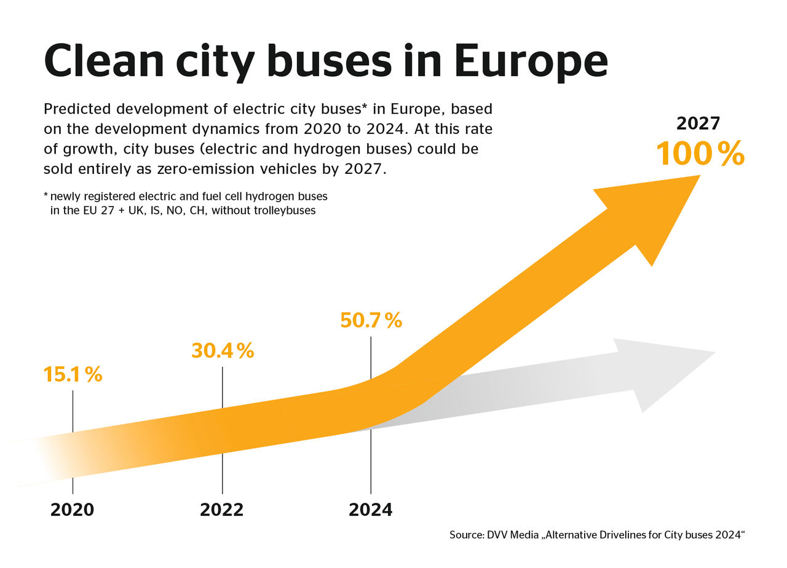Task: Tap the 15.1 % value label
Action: click(x=73, y=374)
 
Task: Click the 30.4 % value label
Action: click(x=222, y=350)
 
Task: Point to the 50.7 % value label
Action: click(x=371, y=320)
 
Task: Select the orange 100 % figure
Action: click(x=700, y=154)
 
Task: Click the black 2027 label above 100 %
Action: click(x=698, y=124)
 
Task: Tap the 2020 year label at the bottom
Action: click(x=73, y=510)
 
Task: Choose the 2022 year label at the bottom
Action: click(x=222, y=510)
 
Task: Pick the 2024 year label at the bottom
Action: click(x=371, y=510)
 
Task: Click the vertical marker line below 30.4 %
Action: click(x=222, y=387)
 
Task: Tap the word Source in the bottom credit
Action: click(x=465, y=535)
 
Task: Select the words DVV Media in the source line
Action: click(x=510, y=535)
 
